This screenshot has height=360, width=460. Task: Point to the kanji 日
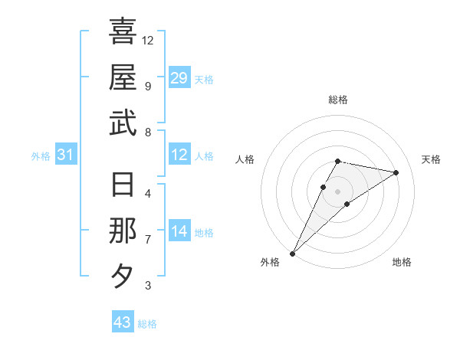pos(123,186)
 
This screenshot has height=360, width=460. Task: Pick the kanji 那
pos(123,231)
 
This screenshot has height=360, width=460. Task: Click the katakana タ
pos(123,277)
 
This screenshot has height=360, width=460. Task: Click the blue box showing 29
pos(179,78)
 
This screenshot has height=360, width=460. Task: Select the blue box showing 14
pos(179,231)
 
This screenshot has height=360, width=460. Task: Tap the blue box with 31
pos(66,155)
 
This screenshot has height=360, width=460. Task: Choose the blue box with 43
pos(122,322)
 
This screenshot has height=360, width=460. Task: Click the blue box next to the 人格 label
pos(179,155)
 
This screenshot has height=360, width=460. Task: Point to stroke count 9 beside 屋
pos(147,86)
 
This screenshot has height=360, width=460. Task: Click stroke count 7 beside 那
pos(147,240)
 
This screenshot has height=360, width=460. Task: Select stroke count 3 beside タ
pos(147,286)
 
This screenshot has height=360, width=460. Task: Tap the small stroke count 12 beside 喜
pos(148,40)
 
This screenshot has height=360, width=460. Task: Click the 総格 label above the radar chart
pos(338,100)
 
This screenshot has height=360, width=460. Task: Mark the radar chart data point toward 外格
pos(292,253)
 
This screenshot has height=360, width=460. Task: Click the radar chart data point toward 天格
pos(396,172)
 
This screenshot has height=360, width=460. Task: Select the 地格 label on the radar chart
pos(402,263)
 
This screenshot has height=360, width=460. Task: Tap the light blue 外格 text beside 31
pos(41,156)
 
